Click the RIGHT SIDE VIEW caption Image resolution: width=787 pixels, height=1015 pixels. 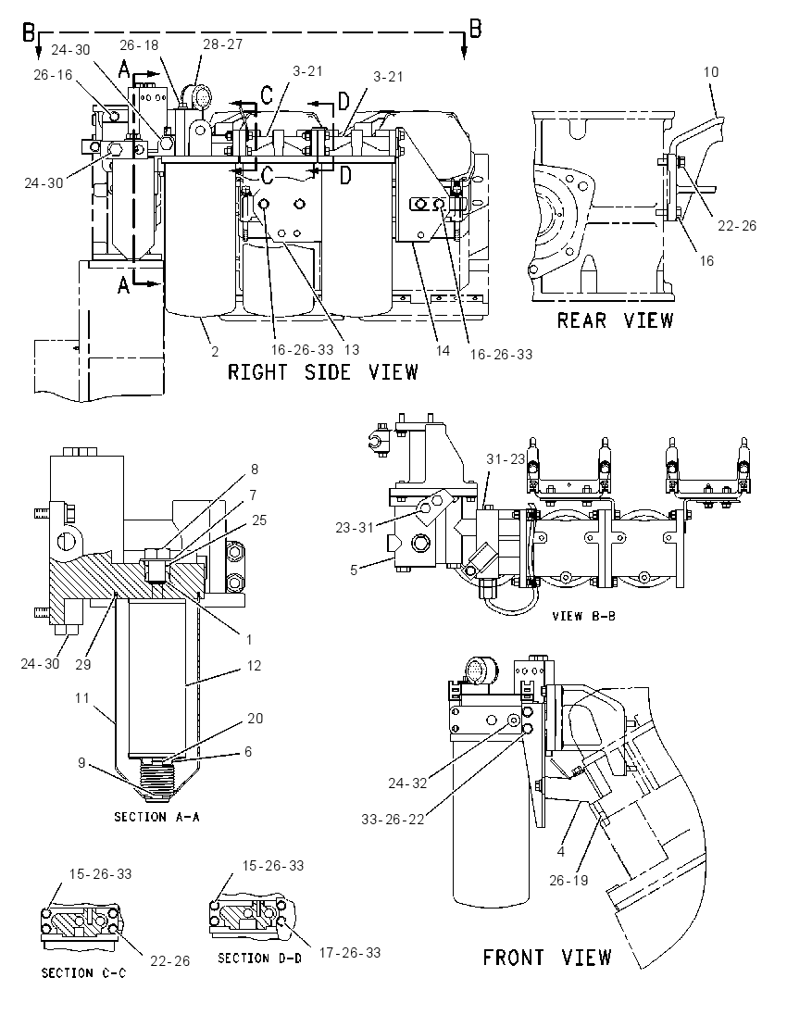(x=323, y=372)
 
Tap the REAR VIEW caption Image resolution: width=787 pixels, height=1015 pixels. (x=615, y=320)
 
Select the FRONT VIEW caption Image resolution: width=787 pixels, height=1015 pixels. (x=547, y=957)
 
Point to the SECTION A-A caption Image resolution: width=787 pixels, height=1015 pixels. (x=156, y=817)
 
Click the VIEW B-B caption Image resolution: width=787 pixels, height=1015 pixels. (x=584, y=616)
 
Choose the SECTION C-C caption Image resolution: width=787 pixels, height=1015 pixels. (x=84, y=973)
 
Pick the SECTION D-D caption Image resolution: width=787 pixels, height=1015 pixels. (x=259, y=958)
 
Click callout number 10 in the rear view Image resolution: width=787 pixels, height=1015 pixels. (x=711, y=72)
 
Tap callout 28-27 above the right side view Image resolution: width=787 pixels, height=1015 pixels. (x=222, y=44)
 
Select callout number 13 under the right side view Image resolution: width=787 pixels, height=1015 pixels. (x=352, y=350)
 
